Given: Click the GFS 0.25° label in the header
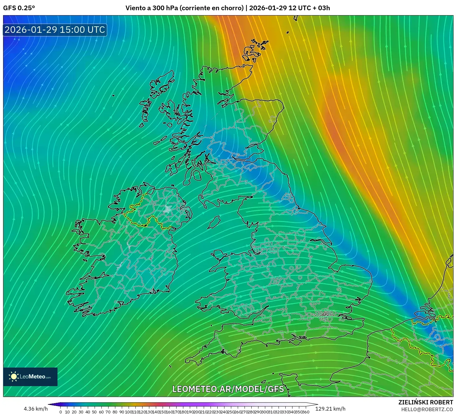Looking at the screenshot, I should pyautogui.click(x=19, y=8).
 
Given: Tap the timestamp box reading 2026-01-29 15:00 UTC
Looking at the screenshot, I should pyautogui.click(x=55, y=30).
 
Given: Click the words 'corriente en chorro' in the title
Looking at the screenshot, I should pyautogui.click(x=211, y=8).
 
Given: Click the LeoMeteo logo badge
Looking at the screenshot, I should pyautogui.click(x=30, y=377).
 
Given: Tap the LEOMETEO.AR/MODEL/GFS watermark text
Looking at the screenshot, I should pyautogui.click(x=228, y=389).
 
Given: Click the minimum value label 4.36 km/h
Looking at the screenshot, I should pyautogui.click(x=36, y=409).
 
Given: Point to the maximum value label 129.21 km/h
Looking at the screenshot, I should pyautogui.click(x=330, y=409).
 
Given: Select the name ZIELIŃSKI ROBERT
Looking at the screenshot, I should pyautogui.click(x=425, y=402).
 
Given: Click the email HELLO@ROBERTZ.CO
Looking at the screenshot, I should pyautogui.click(x=427, y=409).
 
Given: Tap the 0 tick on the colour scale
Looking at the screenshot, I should pyautogui.click(x=61, y=412).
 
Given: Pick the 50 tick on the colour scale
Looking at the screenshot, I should pyautogui.click(x=94, y=412).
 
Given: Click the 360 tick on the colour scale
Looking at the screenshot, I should pyautogui.click(x=306, y=412).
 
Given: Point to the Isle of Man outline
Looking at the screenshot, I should pyautogui.click(x=214, y=222).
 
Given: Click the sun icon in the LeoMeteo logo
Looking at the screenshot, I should pyautogui.click(x=14, y=377).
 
